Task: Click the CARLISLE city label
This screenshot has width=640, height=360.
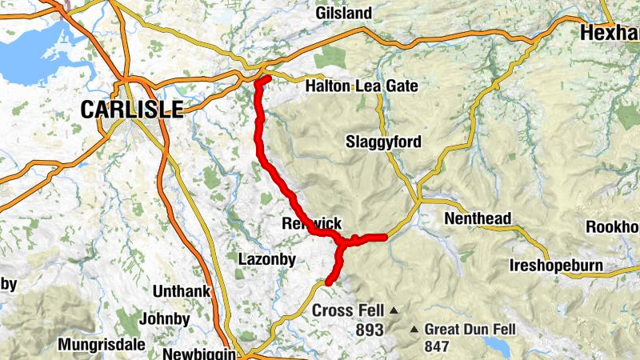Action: tap(131, 110)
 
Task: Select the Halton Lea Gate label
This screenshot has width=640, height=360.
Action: tap(362, 86)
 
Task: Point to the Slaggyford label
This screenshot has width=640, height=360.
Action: tap(383, 142)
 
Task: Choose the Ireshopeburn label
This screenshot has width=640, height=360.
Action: tap(560, 266)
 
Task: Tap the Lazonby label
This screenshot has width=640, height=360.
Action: tap(267, 258)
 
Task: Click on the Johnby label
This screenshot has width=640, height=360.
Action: tap(164, 319)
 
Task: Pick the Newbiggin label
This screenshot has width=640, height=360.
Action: tap(198, 354)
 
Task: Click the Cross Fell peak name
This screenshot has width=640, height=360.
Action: tap(348, 310)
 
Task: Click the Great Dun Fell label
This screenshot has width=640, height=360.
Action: tap(470, 329)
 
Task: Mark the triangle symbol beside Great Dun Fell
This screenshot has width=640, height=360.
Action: tap(414, 330)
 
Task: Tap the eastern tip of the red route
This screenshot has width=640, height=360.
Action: tap(385, 236)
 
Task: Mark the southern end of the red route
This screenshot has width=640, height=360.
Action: tap(328, 282)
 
